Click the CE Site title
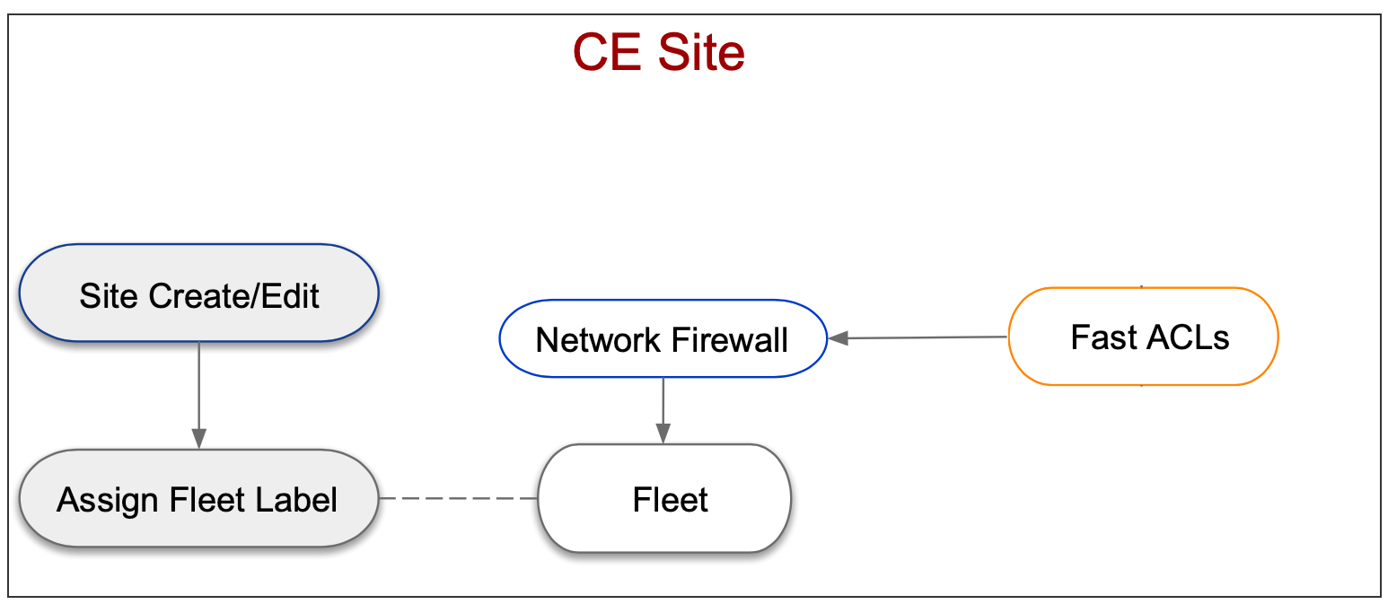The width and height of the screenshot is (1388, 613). (x=658, y=53)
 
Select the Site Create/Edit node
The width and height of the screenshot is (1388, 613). (x=198, y=294)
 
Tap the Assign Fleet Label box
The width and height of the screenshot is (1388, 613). (x=198, y=498)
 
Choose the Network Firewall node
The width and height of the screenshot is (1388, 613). (x=663, y=339)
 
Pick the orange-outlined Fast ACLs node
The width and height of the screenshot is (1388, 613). (x=1144, y=337)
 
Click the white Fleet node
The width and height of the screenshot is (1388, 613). (x=664, y=499)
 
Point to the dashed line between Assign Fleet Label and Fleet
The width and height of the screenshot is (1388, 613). (x=458, y=498)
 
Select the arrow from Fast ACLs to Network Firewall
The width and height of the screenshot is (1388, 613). (x=925, y=337)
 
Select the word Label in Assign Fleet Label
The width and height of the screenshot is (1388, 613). (x=299, y=499)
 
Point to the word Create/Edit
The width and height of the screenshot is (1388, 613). (x=235, y=295)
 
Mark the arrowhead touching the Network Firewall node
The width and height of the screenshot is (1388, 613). (x=837, y=338)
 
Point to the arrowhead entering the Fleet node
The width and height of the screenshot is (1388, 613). (x=663, y=434)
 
